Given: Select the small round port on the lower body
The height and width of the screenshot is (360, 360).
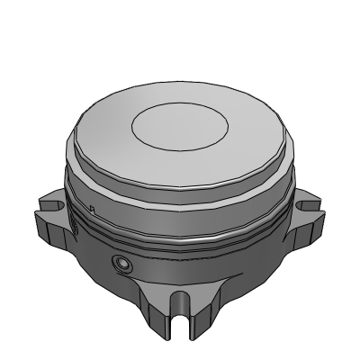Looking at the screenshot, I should (120, 263).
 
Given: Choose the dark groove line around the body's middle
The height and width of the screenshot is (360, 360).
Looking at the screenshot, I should (180, 241).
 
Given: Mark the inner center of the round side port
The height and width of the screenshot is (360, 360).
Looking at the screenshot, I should (120, 263).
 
